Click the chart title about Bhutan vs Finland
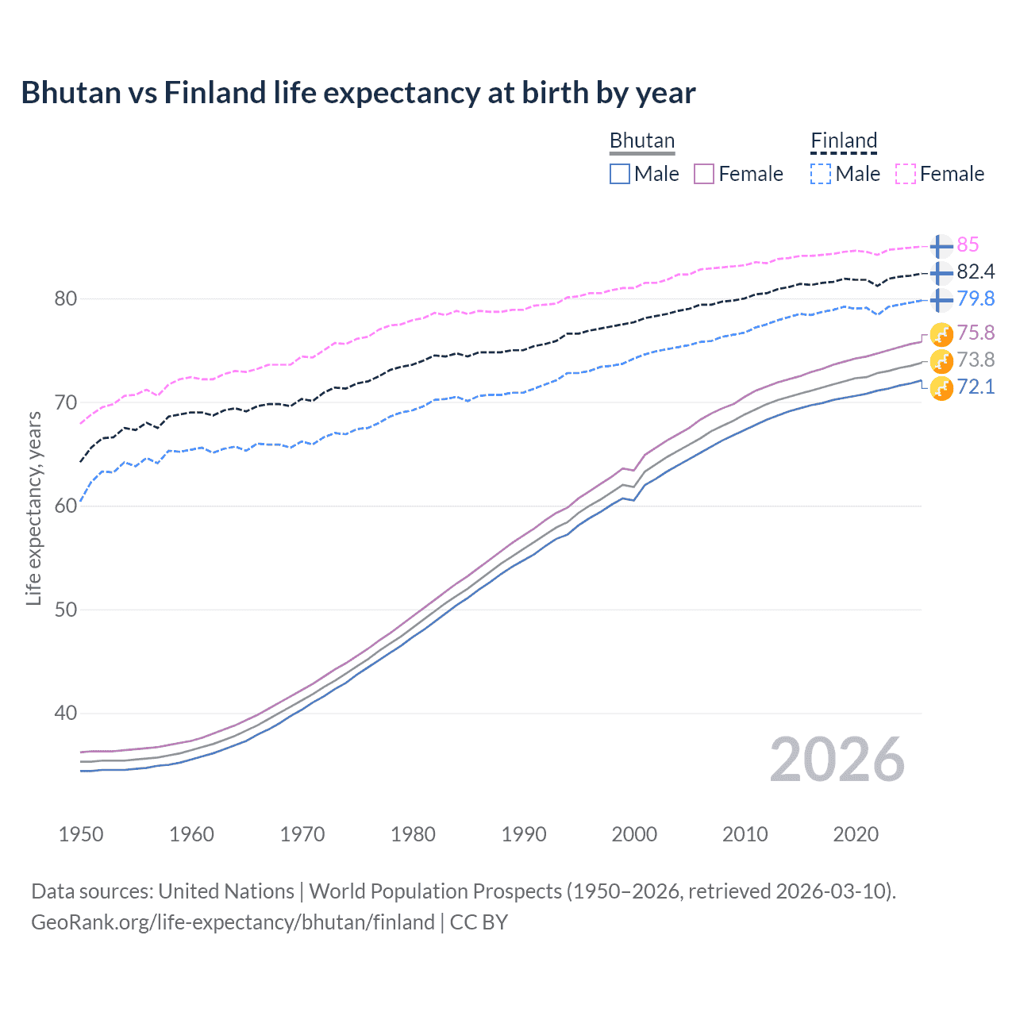pyautogui.click(x=358, y=93)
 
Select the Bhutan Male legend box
pyautogui.click(x=620, y=174)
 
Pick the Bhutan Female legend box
pyautogui.click(x=704, y=174)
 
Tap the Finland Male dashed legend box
pyautogui.click(x=821, y=174)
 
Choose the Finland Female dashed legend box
pyautogui.click(x=906, y=174)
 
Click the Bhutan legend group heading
pyautogui.click(x=641, y=140)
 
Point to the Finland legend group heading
pyautogui.click(x=843, y=140)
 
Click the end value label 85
pyautogui.click(x=968, y=245)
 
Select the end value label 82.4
pyautogui.click(x=976, y=272)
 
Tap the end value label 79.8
pyautogui.click(x=976, y=299)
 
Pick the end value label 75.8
pyautogui.click(x=976, y=333)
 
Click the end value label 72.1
pyautogui.click(x=976, y=387)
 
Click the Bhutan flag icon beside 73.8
pyautogui.click(x=941, y=361)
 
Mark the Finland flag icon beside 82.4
pyautogui.click(x=941, y=273)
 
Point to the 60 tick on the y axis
pyautogui.click(x=66, y=506)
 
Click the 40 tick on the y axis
pyautogui.click(x=66, y=714)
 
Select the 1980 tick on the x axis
pyautogui.click(x=413, y=834)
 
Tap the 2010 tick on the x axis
pyautogui.click(x=745, y=834)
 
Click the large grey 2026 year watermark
pyautogui.click(x=837, y=760)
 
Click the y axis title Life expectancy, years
pyautogui.click(x=33, y=508)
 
